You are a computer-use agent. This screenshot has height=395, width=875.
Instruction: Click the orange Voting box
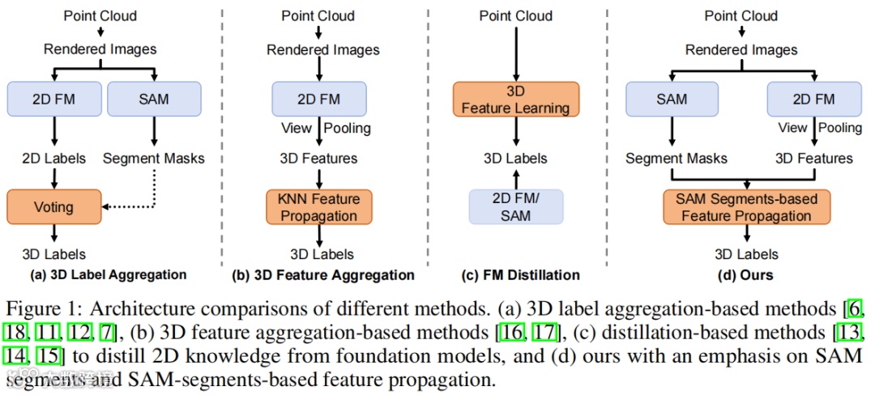point(53,207)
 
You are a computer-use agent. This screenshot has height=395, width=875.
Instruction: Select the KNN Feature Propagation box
point(318,207)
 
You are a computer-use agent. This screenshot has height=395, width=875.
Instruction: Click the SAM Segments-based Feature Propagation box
point(746,207)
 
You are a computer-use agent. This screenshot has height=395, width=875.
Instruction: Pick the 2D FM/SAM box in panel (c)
point(515,207)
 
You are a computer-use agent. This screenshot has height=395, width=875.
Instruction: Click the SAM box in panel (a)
point(153,100)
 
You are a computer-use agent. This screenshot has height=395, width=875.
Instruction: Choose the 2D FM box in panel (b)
point(318,100)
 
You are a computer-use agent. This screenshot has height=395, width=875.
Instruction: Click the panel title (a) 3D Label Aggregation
point(108,275)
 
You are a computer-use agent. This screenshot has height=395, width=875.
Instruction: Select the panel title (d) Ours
point(745,275)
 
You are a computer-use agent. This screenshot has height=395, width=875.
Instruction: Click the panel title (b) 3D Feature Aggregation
point(323,275)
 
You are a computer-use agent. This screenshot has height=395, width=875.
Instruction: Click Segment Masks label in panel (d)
point(677,159)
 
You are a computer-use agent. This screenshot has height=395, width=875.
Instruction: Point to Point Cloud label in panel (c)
point(515,15)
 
